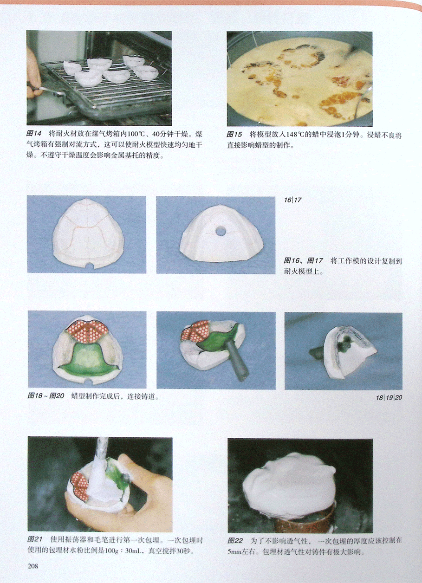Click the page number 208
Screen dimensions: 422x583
(33, 566)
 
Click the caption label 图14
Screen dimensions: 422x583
(34, 134)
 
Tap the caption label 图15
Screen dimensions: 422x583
(234, 135)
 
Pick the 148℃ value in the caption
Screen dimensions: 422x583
(296, 135)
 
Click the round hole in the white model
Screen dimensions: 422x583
(221, 231)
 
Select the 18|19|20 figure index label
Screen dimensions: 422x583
(389, 398)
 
